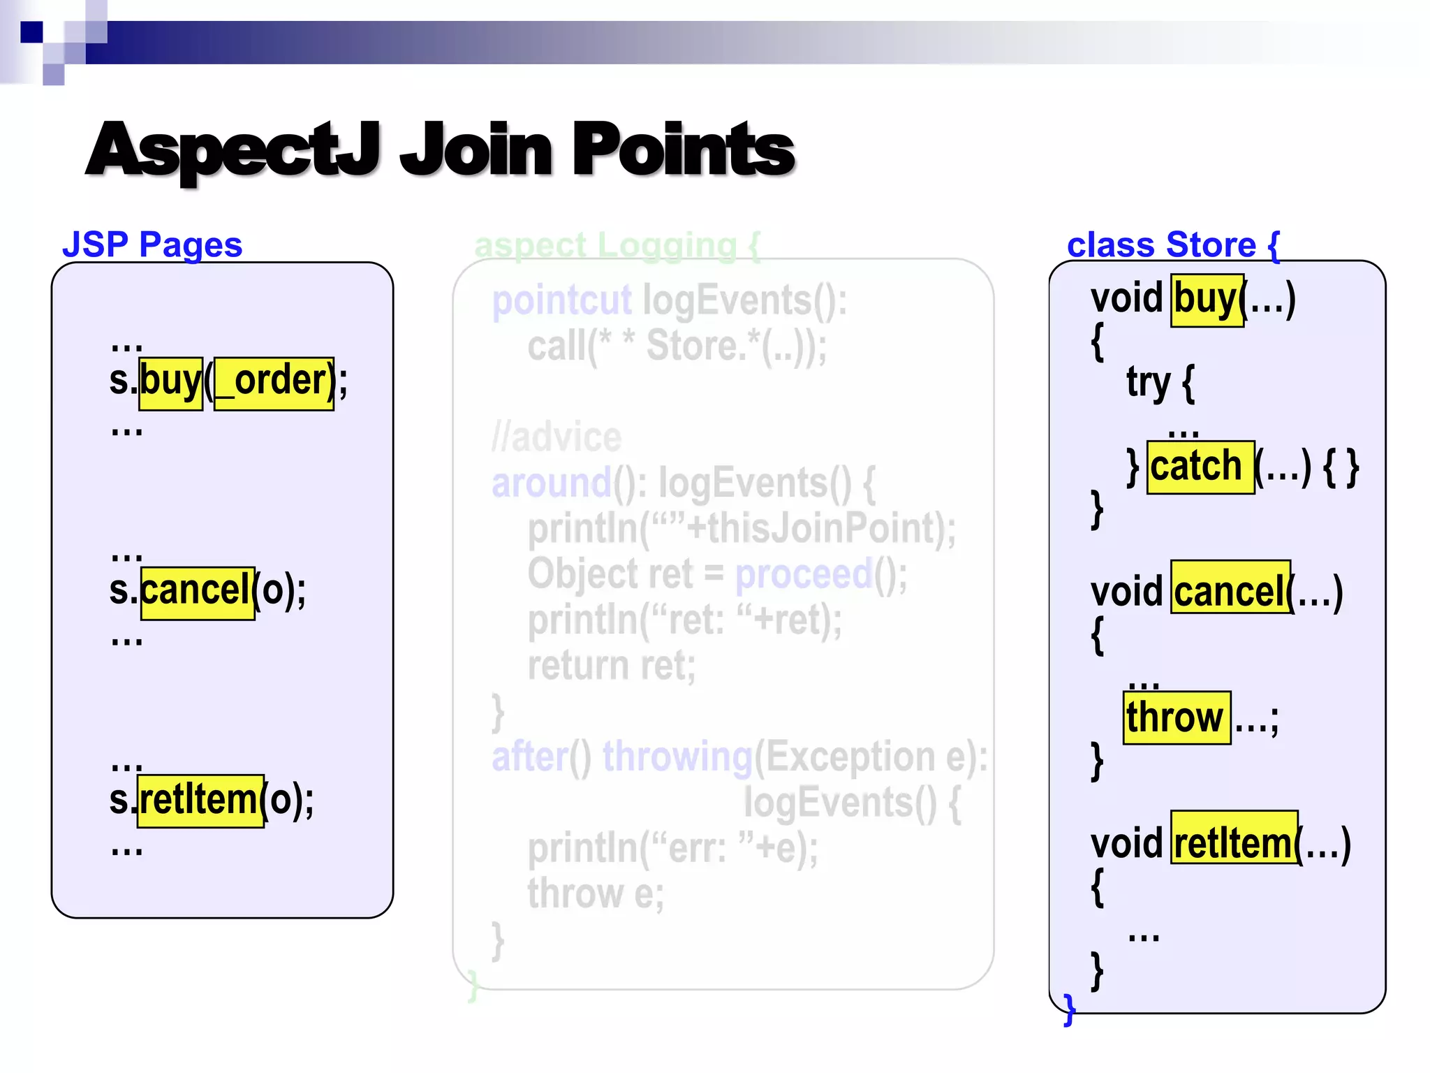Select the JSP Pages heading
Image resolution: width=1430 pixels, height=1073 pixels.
[x=152, y=244]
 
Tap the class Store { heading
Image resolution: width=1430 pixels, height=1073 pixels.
[x=1173, y=244]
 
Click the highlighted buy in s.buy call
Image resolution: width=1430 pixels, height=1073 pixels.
[x=170, y=383]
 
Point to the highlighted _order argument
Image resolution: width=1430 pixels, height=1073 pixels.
[x=274, y=383]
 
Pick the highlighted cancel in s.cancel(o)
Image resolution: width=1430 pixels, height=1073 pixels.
[x=197, y=592]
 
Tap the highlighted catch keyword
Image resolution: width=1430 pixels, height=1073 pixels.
[x=1200, y=467]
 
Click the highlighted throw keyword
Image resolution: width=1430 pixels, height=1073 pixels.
[x=1177, y=718]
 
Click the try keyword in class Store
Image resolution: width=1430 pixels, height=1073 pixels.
[x=1149, y=383]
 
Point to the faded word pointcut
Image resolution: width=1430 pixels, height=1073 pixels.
[x=561, y=301]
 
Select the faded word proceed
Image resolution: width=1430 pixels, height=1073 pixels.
[x=804, y=574]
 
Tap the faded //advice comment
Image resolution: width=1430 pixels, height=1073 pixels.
[x=556, y=437]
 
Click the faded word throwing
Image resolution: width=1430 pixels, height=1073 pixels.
[x=677, y=757]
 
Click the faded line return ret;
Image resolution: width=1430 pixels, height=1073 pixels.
[x=612, y=666]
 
